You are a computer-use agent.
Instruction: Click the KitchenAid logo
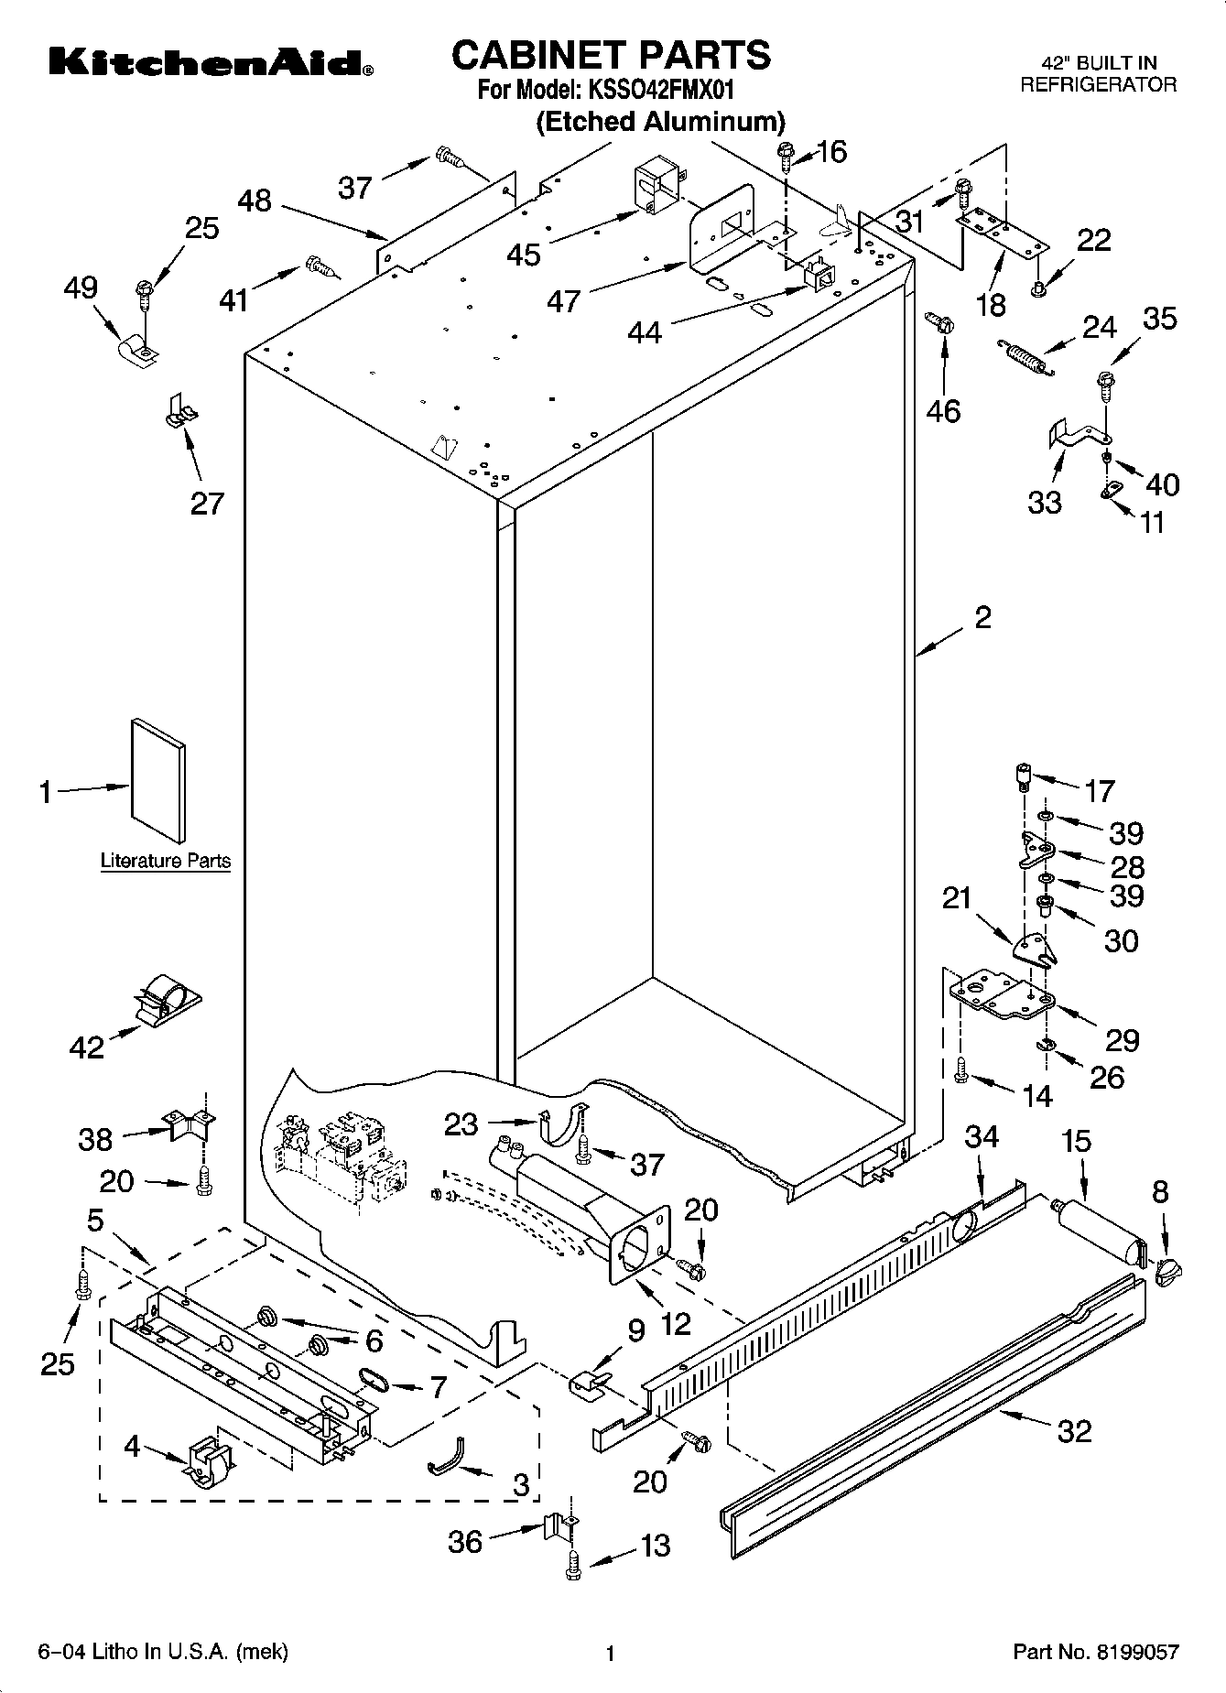[x=210, y=63]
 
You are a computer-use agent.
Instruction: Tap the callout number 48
[x=255, y=201]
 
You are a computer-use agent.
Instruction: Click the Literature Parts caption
[x=165, y=861]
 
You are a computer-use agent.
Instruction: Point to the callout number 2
[x=982, y=618]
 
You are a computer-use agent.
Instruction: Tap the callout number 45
[x=525, y=254]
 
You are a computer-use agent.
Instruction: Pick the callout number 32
[x=1074, y=1430]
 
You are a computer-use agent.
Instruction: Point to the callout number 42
[x=87, y=1047]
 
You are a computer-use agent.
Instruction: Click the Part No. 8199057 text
[x=1095, y=1652]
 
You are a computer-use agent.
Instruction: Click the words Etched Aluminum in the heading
[x=660, y=122]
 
